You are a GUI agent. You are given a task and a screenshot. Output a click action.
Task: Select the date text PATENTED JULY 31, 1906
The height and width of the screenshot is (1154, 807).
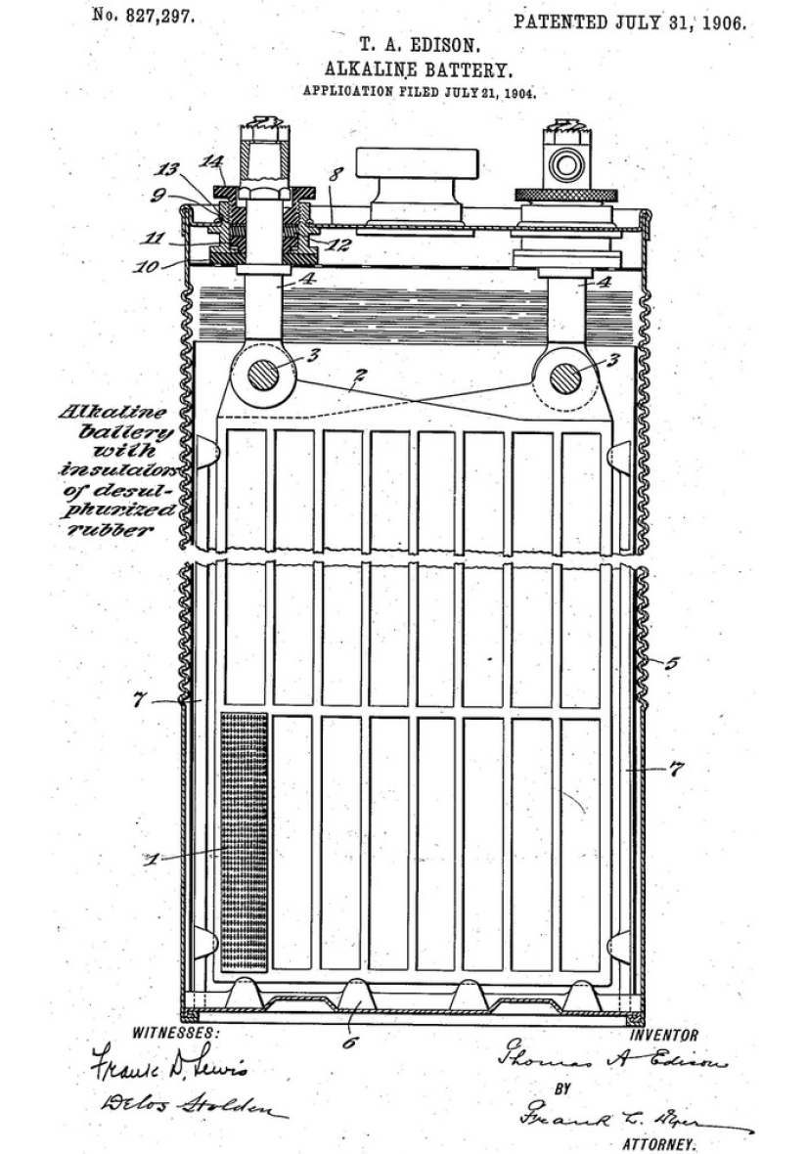point(630,22)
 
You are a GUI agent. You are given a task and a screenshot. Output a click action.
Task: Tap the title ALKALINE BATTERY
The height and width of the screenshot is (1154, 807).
point(420,69)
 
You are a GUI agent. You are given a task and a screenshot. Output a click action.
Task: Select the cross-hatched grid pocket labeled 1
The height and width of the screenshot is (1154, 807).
point(245,841)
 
